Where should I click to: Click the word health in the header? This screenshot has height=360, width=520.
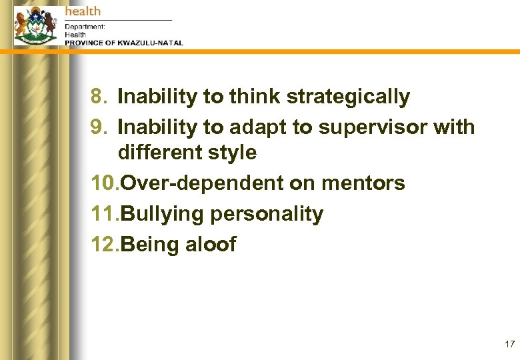coord(83,11)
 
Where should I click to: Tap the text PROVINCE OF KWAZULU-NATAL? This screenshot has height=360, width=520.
coord(124,43)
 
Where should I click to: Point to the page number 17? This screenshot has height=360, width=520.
coord(510,345)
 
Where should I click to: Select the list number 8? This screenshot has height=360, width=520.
coord(98,97)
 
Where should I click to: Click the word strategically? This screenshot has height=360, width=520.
coord(348,97)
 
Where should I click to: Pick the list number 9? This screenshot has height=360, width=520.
coord(98,127)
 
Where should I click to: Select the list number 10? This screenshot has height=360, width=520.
coord(105,183)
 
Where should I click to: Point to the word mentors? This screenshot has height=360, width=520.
coord(364,183)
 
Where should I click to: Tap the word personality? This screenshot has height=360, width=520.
coord(267,215)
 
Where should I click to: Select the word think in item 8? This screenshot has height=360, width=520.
coord(255,97)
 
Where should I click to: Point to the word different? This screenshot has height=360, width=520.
coord(160,153)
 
